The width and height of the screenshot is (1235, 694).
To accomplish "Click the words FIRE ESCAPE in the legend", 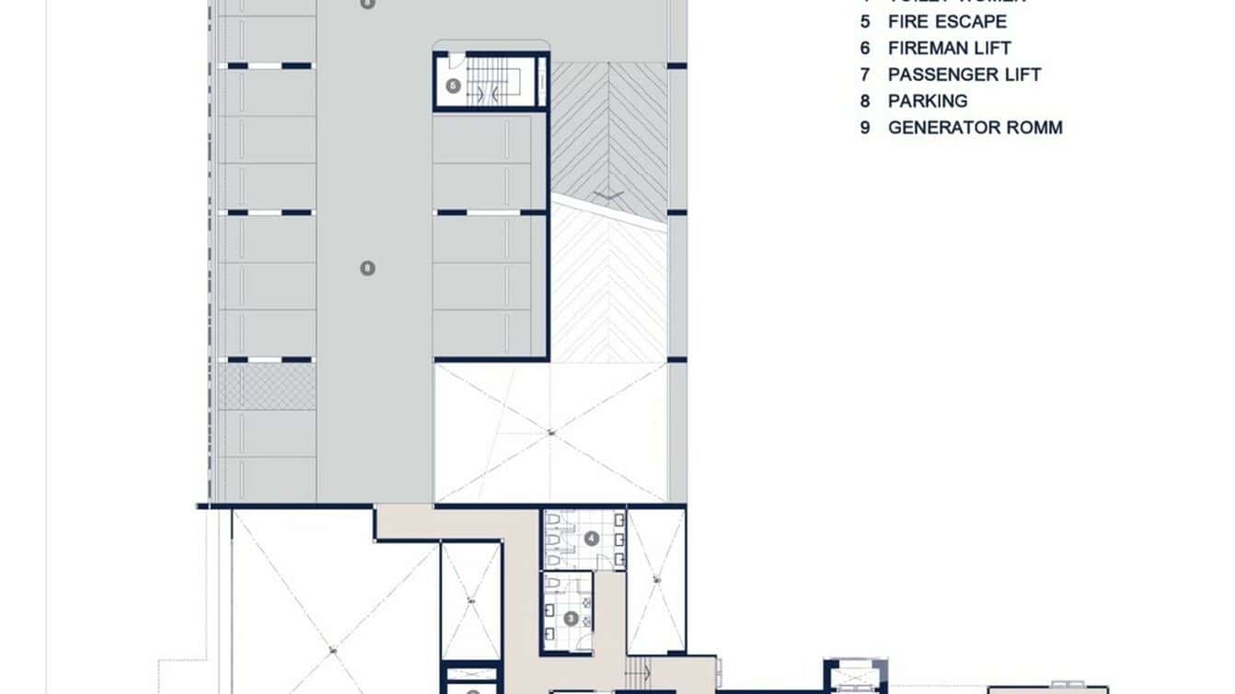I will coord(947,21).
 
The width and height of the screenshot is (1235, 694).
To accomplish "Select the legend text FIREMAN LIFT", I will coord(949,48).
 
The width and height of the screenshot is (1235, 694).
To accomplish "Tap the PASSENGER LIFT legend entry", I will coord(964,75).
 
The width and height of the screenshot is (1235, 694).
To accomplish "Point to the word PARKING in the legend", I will coord(928,101).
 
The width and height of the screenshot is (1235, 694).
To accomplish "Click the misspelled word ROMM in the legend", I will coord(1033,128).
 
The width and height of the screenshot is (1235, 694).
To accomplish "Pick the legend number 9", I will coord(865,128).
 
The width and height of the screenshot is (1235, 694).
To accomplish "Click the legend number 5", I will coord(865,21).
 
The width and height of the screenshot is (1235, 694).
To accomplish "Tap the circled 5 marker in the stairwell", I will coord(453,86).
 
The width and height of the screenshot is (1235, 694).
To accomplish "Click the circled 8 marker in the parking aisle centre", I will coord(367,268).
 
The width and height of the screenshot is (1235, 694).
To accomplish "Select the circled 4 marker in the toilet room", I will coord(591,538).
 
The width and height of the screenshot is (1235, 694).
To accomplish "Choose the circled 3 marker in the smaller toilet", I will coord(571,619).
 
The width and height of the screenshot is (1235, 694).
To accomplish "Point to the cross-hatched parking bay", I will coord(267,386).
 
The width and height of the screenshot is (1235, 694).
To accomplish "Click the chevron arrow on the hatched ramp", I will coord(607,193).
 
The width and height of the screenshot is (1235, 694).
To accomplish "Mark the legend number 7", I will coord(865,75).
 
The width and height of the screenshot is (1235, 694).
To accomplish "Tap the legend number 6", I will coord(865,48).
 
